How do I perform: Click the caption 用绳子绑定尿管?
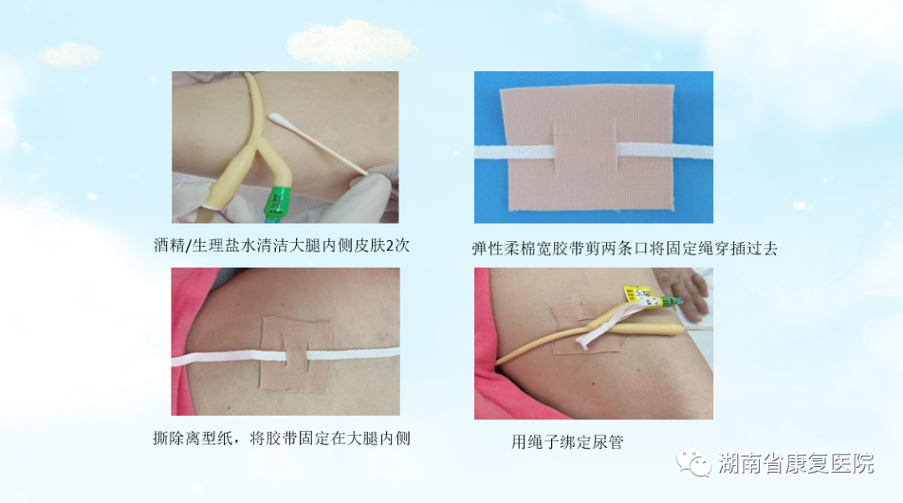(x=567, y=442)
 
